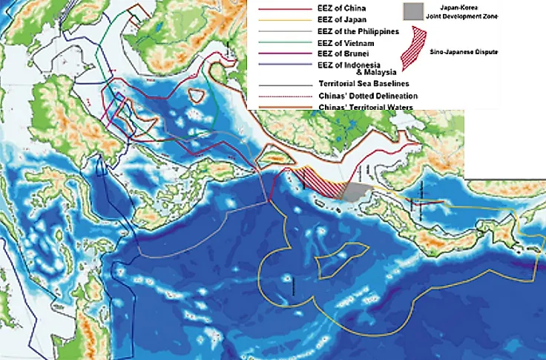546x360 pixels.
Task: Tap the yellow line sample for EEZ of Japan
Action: pyautogui.click(x=275, y=20)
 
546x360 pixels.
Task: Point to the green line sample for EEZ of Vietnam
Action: pyautogui.click(x=275, y=43)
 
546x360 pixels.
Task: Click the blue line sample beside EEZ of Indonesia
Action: pyautogui.click(x=275, y=65)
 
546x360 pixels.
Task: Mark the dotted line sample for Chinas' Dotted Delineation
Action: pyautogui.click(x=275, y=96)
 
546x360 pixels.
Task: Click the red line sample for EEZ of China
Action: pyautogui.click(x=275, y=9)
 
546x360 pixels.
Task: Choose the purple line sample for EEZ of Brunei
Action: pyautogui.click(x=275, y=54)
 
